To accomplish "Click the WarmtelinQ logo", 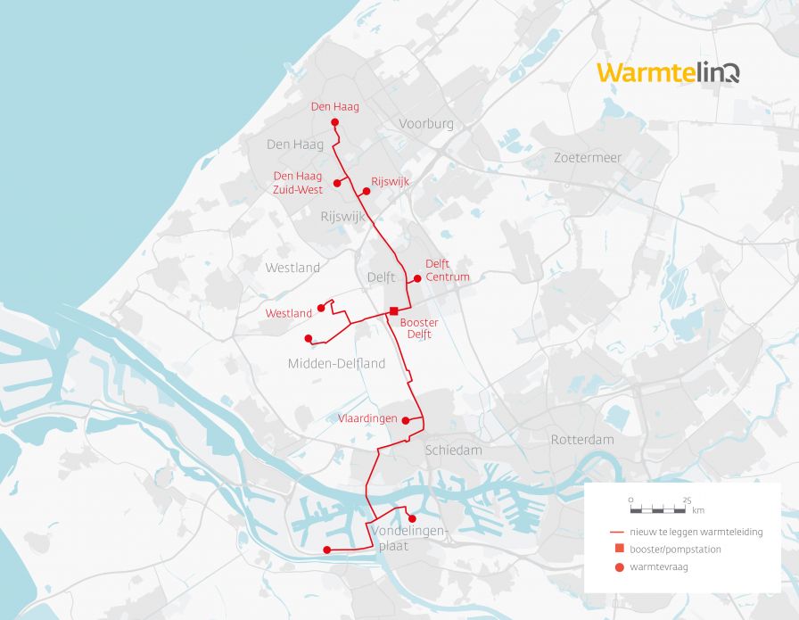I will pos(668,72).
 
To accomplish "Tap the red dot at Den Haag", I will pos(334,122).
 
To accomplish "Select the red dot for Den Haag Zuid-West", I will pos(337,183).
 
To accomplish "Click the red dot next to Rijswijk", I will pos(366,191).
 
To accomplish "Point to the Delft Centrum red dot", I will pos(417,278).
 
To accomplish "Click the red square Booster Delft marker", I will pos(393,310).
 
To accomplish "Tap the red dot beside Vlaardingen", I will pos(406,419).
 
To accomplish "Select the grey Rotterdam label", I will pos(582,440).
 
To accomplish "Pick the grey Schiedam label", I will pos(453,451).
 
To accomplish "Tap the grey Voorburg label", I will pos(426,124).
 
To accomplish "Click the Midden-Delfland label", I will pos(336,364).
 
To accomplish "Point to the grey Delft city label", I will pos(381,277).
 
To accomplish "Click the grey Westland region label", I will pos(292,268).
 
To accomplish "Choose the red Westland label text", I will pos(289,313).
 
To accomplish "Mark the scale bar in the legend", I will pos(661,509).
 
